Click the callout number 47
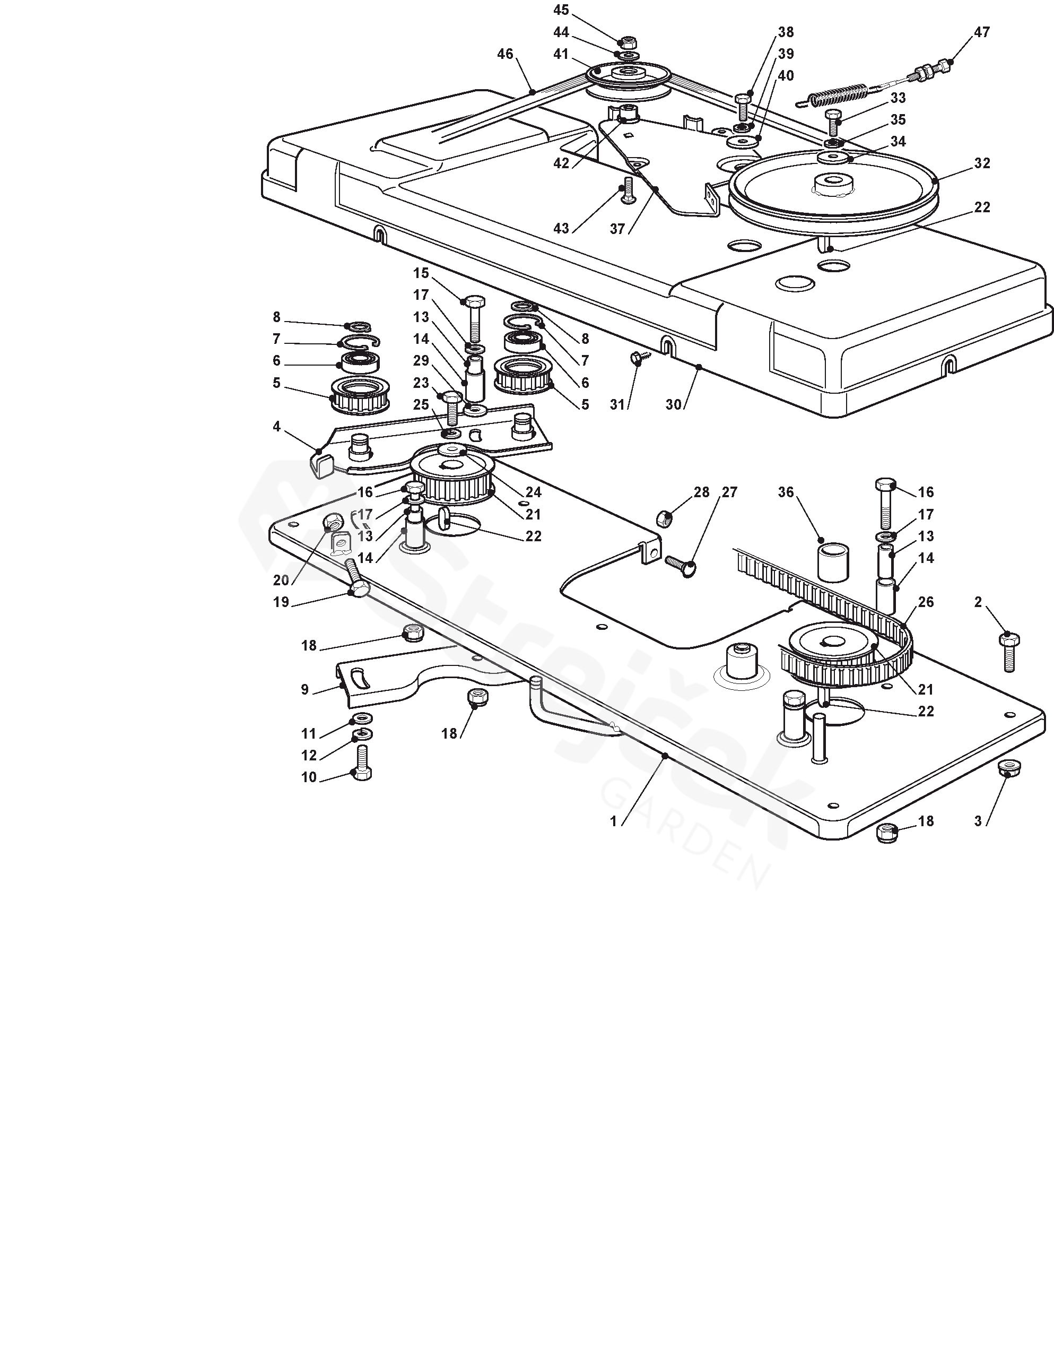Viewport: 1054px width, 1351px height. (982, 32)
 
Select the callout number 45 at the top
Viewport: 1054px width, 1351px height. (561, 10)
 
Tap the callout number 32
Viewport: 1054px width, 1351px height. (982, 163)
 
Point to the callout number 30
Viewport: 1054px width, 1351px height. (673, 404)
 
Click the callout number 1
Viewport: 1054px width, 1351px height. (613, 821)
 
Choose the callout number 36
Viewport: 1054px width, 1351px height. (786, 492)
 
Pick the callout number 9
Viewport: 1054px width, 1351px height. (304, 689)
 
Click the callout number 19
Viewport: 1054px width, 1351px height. (282, 602)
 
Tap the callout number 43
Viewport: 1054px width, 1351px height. (561, 228)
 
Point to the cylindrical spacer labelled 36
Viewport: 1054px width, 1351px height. (833, 562)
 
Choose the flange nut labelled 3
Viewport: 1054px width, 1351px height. (1009, 769)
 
